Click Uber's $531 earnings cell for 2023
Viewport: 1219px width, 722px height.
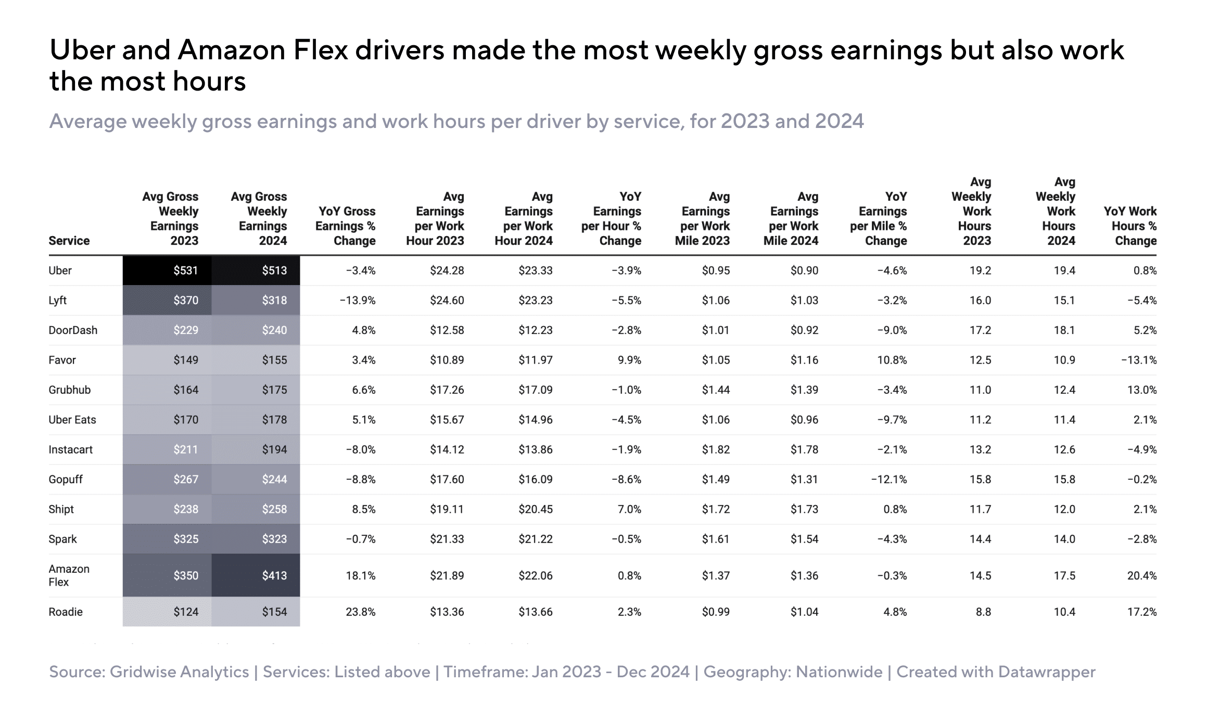[x=167, y=270]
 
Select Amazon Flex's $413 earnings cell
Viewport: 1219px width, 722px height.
[x=256, y=575]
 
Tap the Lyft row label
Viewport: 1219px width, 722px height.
[x=57, y=300]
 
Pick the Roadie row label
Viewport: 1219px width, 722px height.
[x=66, y=612]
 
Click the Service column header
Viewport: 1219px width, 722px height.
[x=69, y=241]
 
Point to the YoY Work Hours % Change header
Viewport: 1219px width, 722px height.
[x=1130, y=226]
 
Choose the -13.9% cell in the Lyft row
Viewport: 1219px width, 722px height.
[x=358, y=300]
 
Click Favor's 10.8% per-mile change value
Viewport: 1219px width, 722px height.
[x=892, y=360]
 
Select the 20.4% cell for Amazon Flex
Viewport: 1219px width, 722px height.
[x=1142, y=575]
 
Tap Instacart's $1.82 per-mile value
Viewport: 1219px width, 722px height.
[x=716, y=449]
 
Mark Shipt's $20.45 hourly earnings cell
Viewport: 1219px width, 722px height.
[x=536, y=509]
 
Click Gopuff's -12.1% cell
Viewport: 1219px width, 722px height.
[x=889, y=479]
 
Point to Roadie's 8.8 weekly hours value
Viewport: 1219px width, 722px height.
[x=983, y=612]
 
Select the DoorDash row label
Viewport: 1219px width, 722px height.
[x=73, y=330]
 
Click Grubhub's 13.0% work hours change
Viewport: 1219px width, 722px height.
[x=1142, y=390]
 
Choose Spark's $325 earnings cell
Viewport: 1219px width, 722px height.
[x=167, y=539]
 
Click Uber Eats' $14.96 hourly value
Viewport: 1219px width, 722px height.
[x=536, y=420]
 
